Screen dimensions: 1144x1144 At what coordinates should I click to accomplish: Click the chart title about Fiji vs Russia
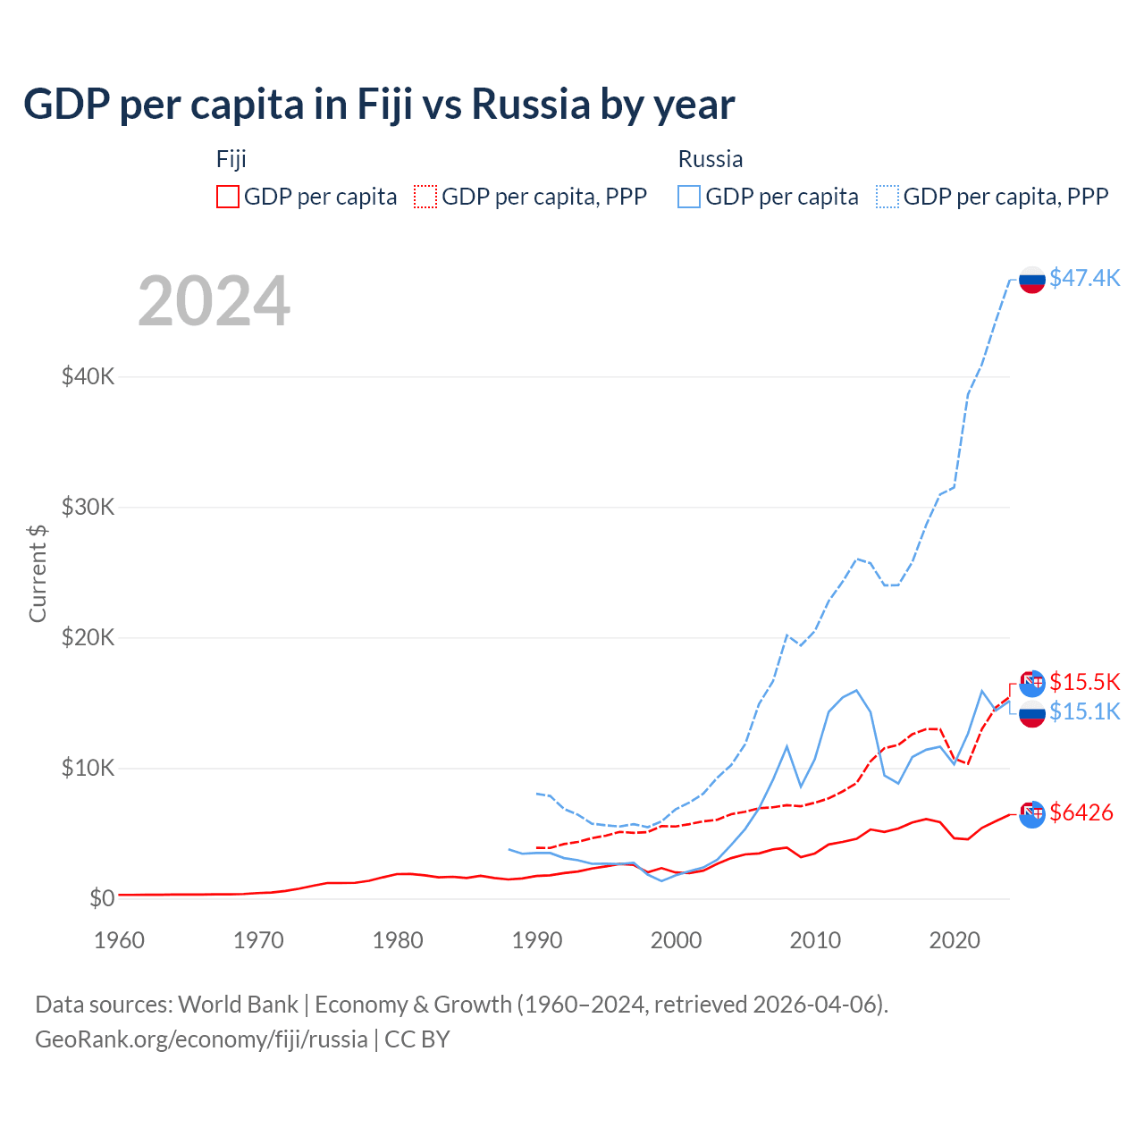379,105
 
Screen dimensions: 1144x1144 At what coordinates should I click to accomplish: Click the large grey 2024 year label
214,301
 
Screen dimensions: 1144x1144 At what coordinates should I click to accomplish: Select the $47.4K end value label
1084,278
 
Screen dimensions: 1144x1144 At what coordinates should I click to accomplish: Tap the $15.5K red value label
1084,682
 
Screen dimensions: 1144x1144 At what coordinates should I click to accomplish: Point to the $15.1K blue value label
1084,711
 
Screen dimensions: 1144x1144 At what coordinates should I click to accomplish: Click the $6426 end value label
1081,812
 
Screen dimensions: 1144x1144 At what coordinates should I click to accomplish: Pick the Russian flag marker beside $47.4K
1032,279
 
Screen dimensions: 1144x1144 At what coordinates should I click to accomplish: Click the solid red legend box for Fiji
228,197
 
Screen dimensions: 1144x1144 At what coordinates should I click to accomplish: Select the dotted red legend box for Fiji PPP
425,197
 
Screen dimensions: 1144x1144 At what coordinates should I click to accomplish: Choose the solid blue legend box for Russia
689,197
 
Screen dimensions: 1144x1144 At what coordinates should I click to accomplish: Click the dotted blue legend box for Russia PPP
887,197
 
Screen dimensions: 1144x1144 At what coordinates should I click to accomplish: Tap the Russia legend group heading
711,159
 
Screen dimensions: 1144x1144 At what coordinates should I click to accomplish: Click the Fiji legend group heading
231,159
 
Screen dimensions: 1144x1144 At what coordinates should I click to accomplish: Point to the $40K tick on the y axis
88,376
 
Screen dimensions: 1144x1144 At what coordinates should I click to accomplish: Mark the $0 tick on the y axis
101,898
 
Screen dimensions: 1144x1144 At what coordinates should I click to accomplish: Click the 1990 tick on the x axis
537,940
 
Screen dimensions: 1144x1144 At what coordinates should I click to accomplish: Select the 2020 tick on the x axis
955,940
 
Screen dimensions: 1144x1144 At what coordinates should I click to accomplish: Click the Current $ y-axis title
38,574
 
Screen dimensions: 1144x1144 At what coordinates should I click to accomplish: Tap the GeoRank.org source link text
201,1039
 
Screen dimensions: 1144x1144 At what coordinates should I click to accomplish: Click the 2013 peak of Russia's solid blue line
856,690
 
